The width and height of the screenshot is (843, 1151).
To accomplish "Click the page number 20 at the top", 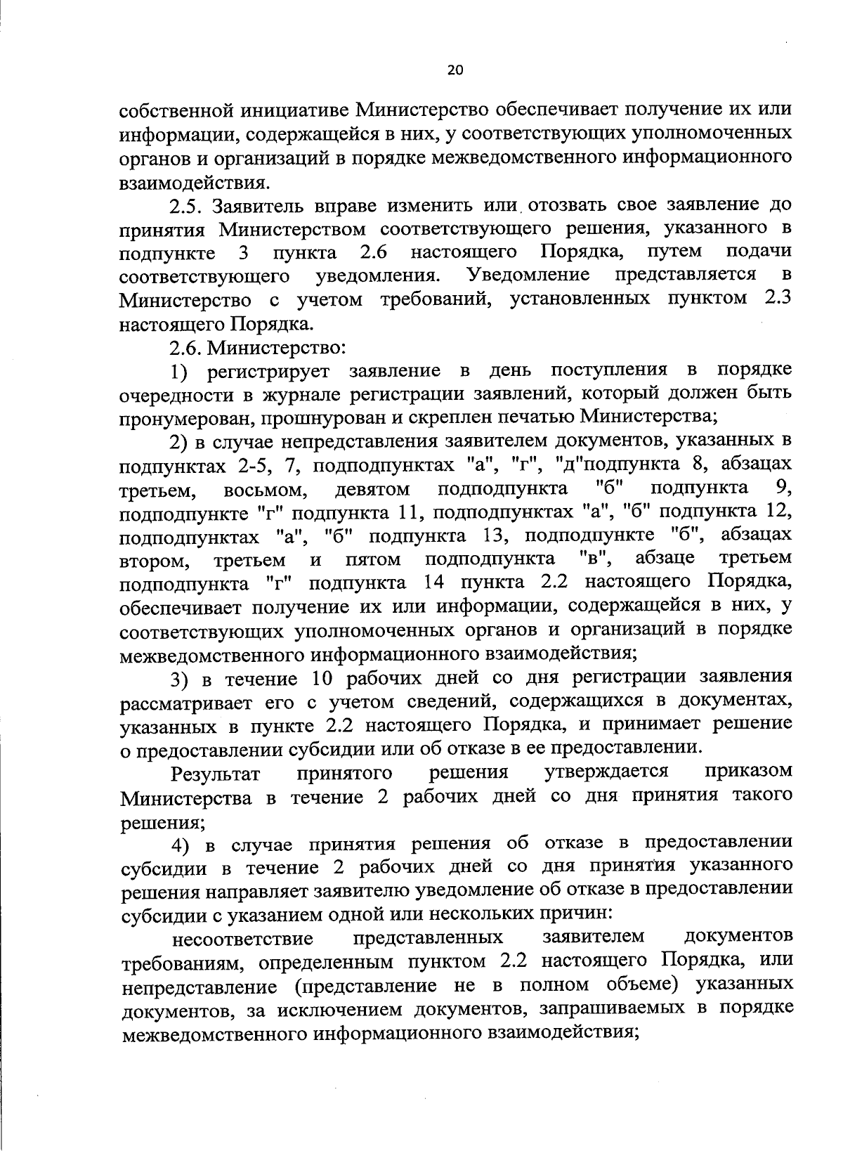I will (455, 70).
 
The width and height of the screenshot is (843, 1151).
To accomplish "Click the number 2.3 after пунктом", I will (777, 298).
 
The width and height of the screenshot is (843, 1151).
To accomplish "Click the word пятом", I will (373, 560).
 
